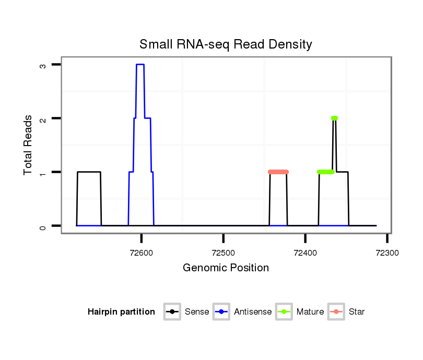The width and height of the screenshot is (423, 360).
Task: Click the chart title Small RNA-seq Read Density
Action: [x=226, y=44]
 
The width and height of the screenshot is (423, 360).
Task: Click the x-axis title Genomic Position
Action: [x=226, y=268]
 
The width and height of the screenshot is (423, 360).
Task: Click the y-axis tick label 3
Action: [x=43, y=65]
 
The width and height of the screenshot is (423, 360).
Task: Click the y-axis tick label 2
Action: [x=43, y=118]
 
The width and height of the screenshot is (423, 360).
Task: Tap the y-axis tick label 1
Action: [x=43, y=172]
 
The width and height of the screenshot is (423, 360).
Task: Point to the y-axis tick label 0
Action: [x=43, y=226]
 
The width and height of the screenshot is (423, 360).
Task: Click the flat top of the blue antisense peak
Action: [x=140, y=65]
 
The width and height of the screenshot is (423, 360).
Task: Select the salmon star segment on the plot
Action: [x=278, y=172]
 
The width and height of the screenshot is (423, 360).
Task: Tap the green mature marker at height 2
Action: [x=334, y=118]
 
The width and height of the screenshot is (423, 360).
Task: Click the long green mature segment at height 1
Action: [x=326, y=172]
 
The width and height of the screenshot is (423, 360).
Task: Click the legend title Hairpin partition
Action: [x=121, y=312]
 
